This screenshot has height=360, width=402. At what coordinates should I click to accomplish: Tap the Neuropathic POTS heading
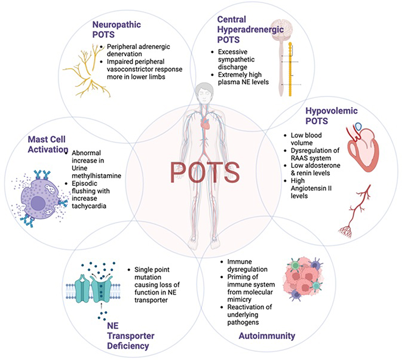[117, 30]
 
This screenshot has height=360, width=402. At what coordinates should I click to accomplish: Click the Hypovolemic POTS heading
[332, 116]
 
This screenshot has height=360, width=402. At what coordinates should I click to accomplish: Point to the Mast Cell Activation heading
[48, 144]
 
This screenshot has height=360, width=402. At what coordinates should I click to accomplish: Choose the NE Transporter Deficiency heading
[131, 336]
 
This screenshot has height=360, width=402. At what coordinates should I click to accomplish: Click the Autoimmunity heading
[267, 336]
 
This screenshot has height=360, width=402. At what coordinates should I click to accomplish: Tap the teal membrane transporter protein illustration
[93, 288]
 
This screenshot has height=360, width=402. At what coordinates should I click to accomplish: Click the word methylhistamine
[96, 176]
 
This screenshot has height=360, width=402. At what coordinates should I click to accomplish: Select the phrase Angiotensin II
[311, 188]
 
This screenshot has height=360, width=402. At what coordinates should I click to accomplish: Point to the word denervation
[125, 54]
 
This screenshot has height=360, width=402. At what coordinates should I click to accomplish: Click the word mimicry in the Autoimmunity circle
[239, 300]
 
